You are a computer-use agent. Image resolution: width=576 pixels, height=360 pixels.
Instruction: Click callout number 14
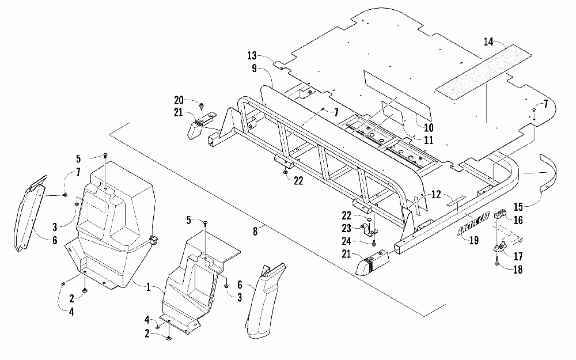(488, 41)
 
